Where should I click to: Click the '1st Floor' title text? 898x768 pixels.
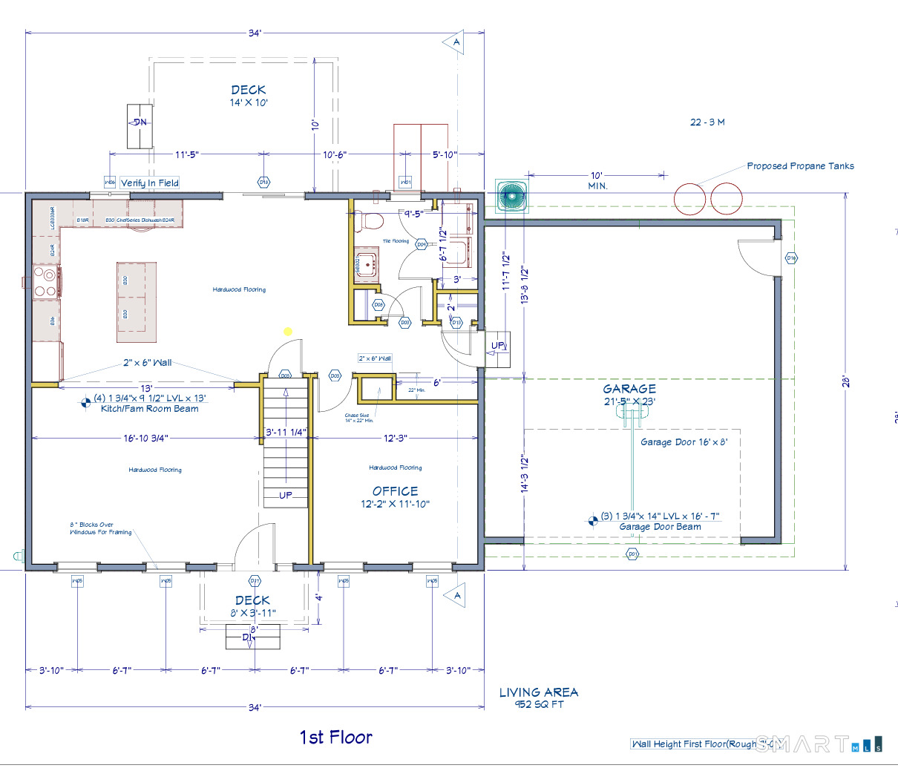[x=335, y=737]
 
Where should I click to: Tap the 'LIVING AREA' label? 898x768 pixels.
[x=538, y=692]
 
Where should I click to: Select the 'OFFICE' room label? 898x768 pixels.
[x=395, y=491]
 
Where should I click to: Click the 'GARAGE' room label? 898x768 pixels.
[x=629, y=389]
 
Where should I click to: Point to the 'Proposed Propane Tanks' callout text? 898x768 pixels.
[x=800, y=166]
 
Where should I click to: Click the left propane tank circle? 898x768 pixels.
[x=689, y=198]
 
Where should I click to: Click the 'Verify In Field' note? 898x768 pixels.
[x=149, y=183]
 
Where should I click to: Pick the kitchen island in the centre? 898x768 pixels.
[x=137, y=301]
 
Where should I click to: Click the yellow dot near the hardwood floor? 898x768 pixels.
[x=288, y=332]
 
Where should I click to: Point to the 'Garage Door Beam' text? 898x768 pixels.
[x=660, y=527]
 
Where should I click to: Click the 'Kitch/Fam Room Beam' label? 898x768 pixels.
[x=149, y=409]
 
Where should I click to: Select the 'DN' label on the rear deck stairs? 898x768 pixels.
[x=140, y=122]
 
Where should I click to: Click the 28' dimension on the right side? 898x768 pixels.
[x=845, y=381]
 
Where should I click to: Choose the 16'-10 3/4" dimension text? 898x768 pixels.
[x=146, y=439]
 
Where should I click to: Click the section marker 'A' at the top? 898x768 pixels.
[x=456, y=42]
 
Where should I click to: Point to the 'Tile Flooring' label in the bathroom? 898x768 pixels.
[x=396, y=241]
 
